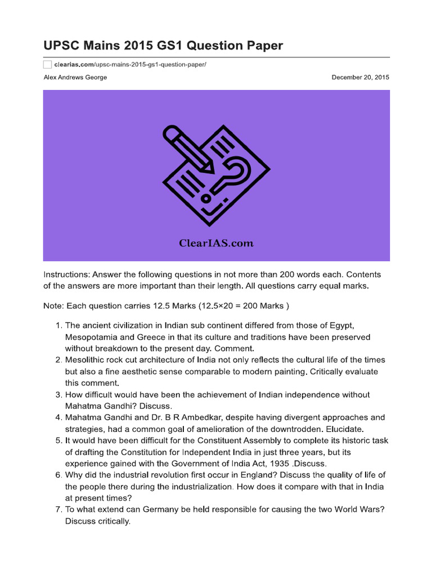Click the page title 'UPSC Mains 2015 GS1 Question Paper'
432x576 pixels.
click(163, 45)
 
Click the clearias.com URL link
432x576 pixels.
click(130, 65)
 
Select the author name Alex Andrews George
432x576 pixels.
click(75, 78)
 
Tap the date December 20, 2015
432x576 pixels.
click(360, 78)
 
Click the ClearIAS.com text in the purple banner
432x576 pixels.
click(217, 244)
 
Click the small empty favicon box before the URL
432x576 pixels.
click(47, 65)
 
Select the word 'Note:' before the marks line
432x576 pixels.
click(53, 306)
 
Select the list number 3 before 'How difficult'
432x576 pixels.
click(58, 395)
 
